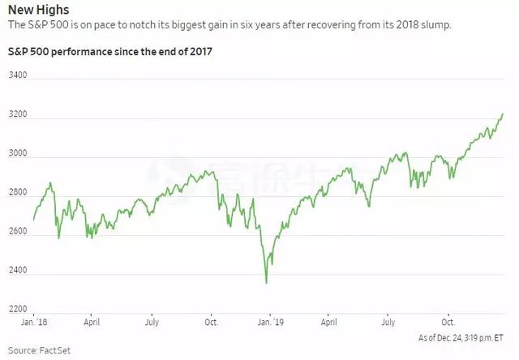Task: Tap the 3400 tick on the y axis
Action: [18, 75]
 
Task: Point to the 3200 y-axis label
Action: [18, 114]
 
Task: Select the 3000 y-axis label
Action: [18, 153]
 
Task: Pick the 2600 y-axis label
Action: [18, 232]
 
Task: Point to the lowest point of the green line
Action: [266, 283]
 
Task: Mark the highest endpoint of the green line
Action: [503, 114]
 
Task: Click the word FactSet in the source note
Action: [48, 350]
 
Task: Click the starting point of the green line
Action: [33, 220]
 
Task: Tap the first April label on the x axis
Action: [92, 322]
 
